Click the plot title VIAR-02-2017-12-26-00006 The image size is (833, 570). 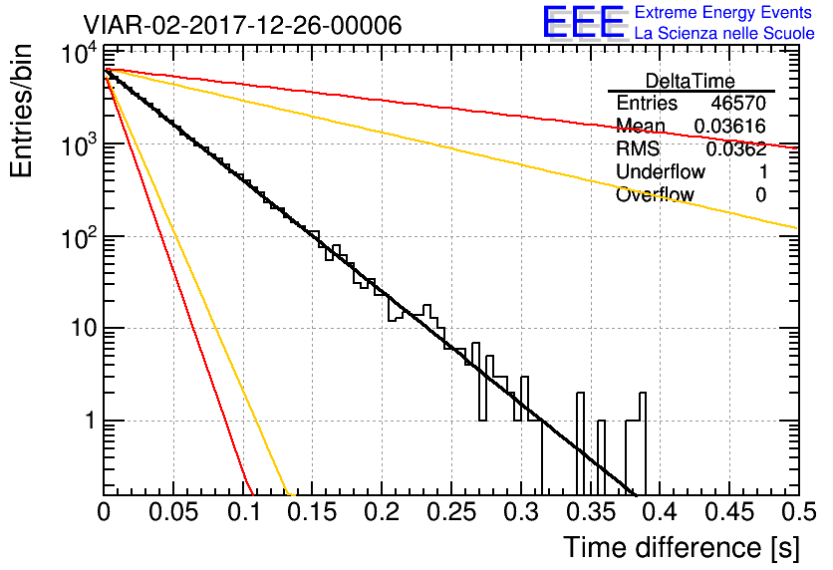pyautogui.click(x=242, y=25)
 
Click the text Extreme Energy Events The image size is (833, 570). pyautogui.click(x=724, y=13)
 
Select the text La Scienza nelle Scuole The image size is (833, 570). pyautogui.click(x=724, y=34)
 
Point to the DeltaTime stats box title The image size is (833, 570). pyautogui.click(x=691, y=81)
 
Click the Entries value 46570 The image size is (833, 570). pyautogui.click(x=738, y=104)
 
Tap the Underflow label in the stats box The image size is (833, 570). pyautogui.click(x=661, y=172)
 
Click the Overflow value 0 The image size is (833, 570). pyautogui.click(x=760, y=195)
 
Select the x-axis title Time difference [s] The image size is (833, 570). pyautogui.click(x=680, y=547)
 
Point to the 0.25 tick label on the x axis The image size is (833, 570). pyautogui.click(x=450, y=512)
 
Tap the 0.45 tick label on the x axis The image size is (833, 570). pyautogui.click(x=728, y=512)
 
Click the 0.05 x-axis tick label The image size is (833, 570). pyautogui.click(x=173, y=512)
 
